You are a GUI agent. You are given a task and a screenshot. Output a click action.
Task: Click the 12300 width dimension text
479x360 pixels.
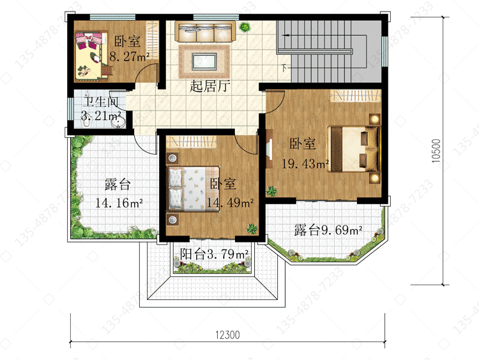[x=227, y=335]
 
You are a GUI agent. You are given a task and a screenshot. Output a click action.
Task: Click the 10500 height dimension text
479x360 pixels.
[x=436, y=151]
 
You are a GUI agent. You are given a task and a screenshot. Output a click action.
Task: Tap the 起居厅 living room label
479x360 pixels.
[x=210, y=86]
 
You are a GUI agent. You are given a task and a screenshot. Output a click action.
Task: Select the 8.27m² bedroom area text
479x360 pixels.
[x=129, y=57]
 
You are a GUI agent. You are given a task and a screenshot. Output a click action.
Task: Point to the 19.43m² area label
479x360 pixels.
[x=305, y=164]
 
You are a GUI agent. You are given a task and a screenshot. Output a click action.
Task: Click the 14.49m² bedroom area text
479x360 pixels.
[x=231, y=202]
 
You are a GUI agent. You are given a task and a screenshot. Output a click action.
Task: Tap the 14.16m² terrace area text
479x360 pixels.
[x=119, y=203]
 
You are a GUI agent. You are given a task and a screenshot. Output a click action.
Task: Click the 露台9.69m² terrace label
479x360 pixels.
[x=328, y=230]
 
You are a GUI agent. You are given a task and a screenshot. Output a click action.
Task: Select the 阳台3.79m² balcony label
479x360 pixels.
[x=214, y=254]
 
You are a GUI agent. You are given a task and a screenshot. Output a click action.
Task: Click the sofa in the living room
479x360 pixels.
[x=205, y=32]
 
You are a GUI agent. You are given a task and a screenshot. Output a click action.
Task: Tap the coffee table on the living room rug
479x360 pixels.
[x=204, y=61]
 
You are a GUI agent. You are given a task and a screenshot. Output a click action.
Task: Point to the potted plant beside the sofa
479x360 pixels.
[x=245, y=27]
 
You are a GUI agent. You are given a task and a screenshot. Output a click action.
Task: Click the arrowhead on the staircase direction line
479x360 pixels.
[x=285, y=35]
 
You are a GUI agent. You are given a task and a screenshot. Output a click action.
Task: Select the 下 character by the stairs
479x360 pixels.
[x=284, y=68]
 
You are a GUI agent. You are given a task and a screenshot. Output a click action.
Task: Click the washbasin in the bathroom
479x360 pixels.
[x=118, y=123]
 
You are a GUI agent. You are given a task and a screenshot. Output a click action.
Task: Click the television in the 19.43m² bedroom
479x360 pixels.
[x=269, y=149]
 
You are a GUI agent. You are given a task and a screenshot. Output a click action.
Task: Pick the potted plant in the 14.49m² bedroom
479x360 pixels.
[x=252, y=229]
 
